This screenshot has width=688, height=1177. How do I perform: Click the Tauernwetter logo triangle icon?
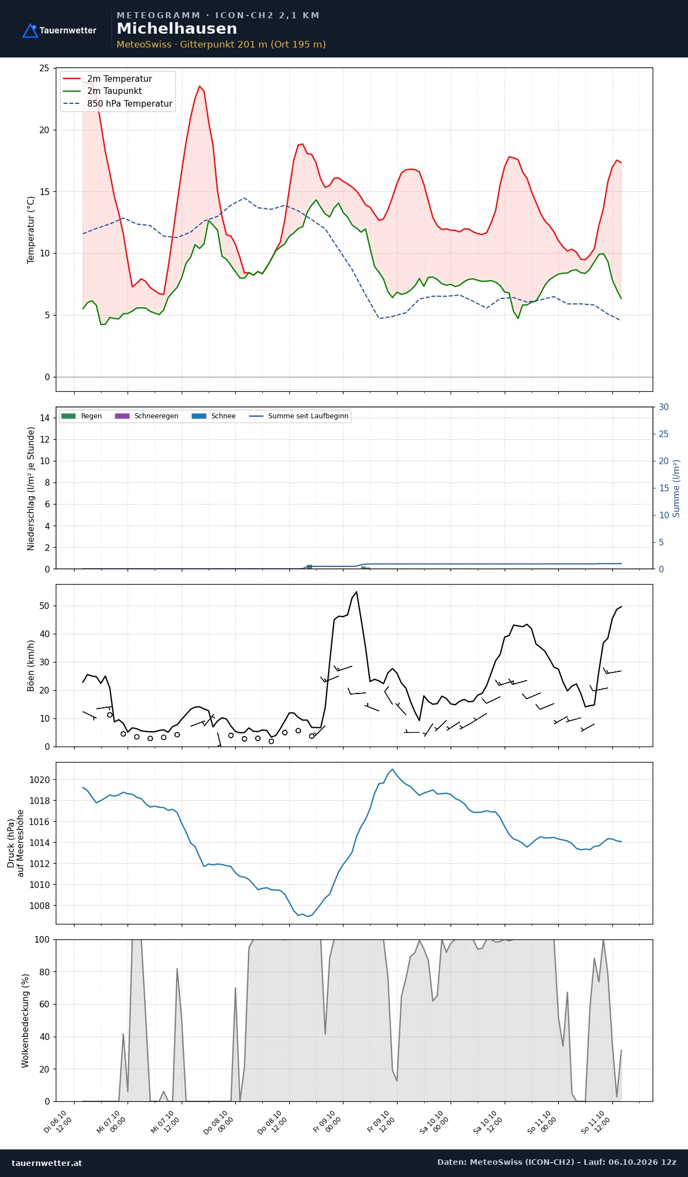(x=30, y=30)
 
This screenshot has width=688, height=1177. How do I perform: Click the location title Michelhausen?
(x=177, y=29)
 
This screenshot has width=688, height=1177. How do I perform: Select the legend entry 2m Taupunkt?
(x=102, y=91)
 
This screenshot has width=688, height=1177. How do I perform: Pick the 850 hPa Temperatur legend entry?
(x=118, y=104)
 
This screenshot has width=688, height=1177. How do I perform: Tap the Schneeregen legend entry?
(x=146, y=416)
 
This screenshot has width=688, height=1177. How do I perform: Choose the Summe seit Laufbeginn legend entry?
(x=299, y=416)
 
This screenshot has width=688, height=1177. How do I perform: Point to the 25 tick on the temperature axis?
(x=44, y=69)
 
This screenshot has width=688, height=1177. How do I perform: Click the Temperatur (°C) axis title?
(x=31, y=229)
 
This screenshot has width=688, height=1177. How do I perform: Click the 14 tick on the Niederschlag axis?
(x=44, y=418)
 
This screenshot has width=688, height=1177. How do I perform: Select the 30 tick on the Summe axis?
(x=664, y=407)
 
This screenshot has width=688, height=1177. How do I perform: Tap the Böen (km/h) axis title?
(x=31, y=666)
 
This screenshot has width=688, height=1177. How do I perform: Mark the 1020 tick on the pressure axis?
(x=39, y=780)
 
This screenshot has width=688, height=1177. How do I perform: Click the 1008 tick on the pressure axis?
(x=39, y=906)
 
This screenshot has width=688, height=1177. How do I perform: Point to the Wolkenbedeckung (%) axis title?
(x=25, y=1021)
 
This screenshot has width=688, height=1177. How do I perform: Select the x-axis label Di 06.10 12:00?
(x=58, y=1122)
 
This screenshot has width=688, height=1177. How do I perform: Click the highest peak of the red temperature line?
(x=200, y=86)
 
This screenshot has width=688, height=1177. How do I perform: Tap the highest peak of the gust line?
(x=357, y=592)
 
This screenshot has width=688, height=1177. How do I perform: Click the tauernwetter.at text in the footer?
(x=47, y=1163)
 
